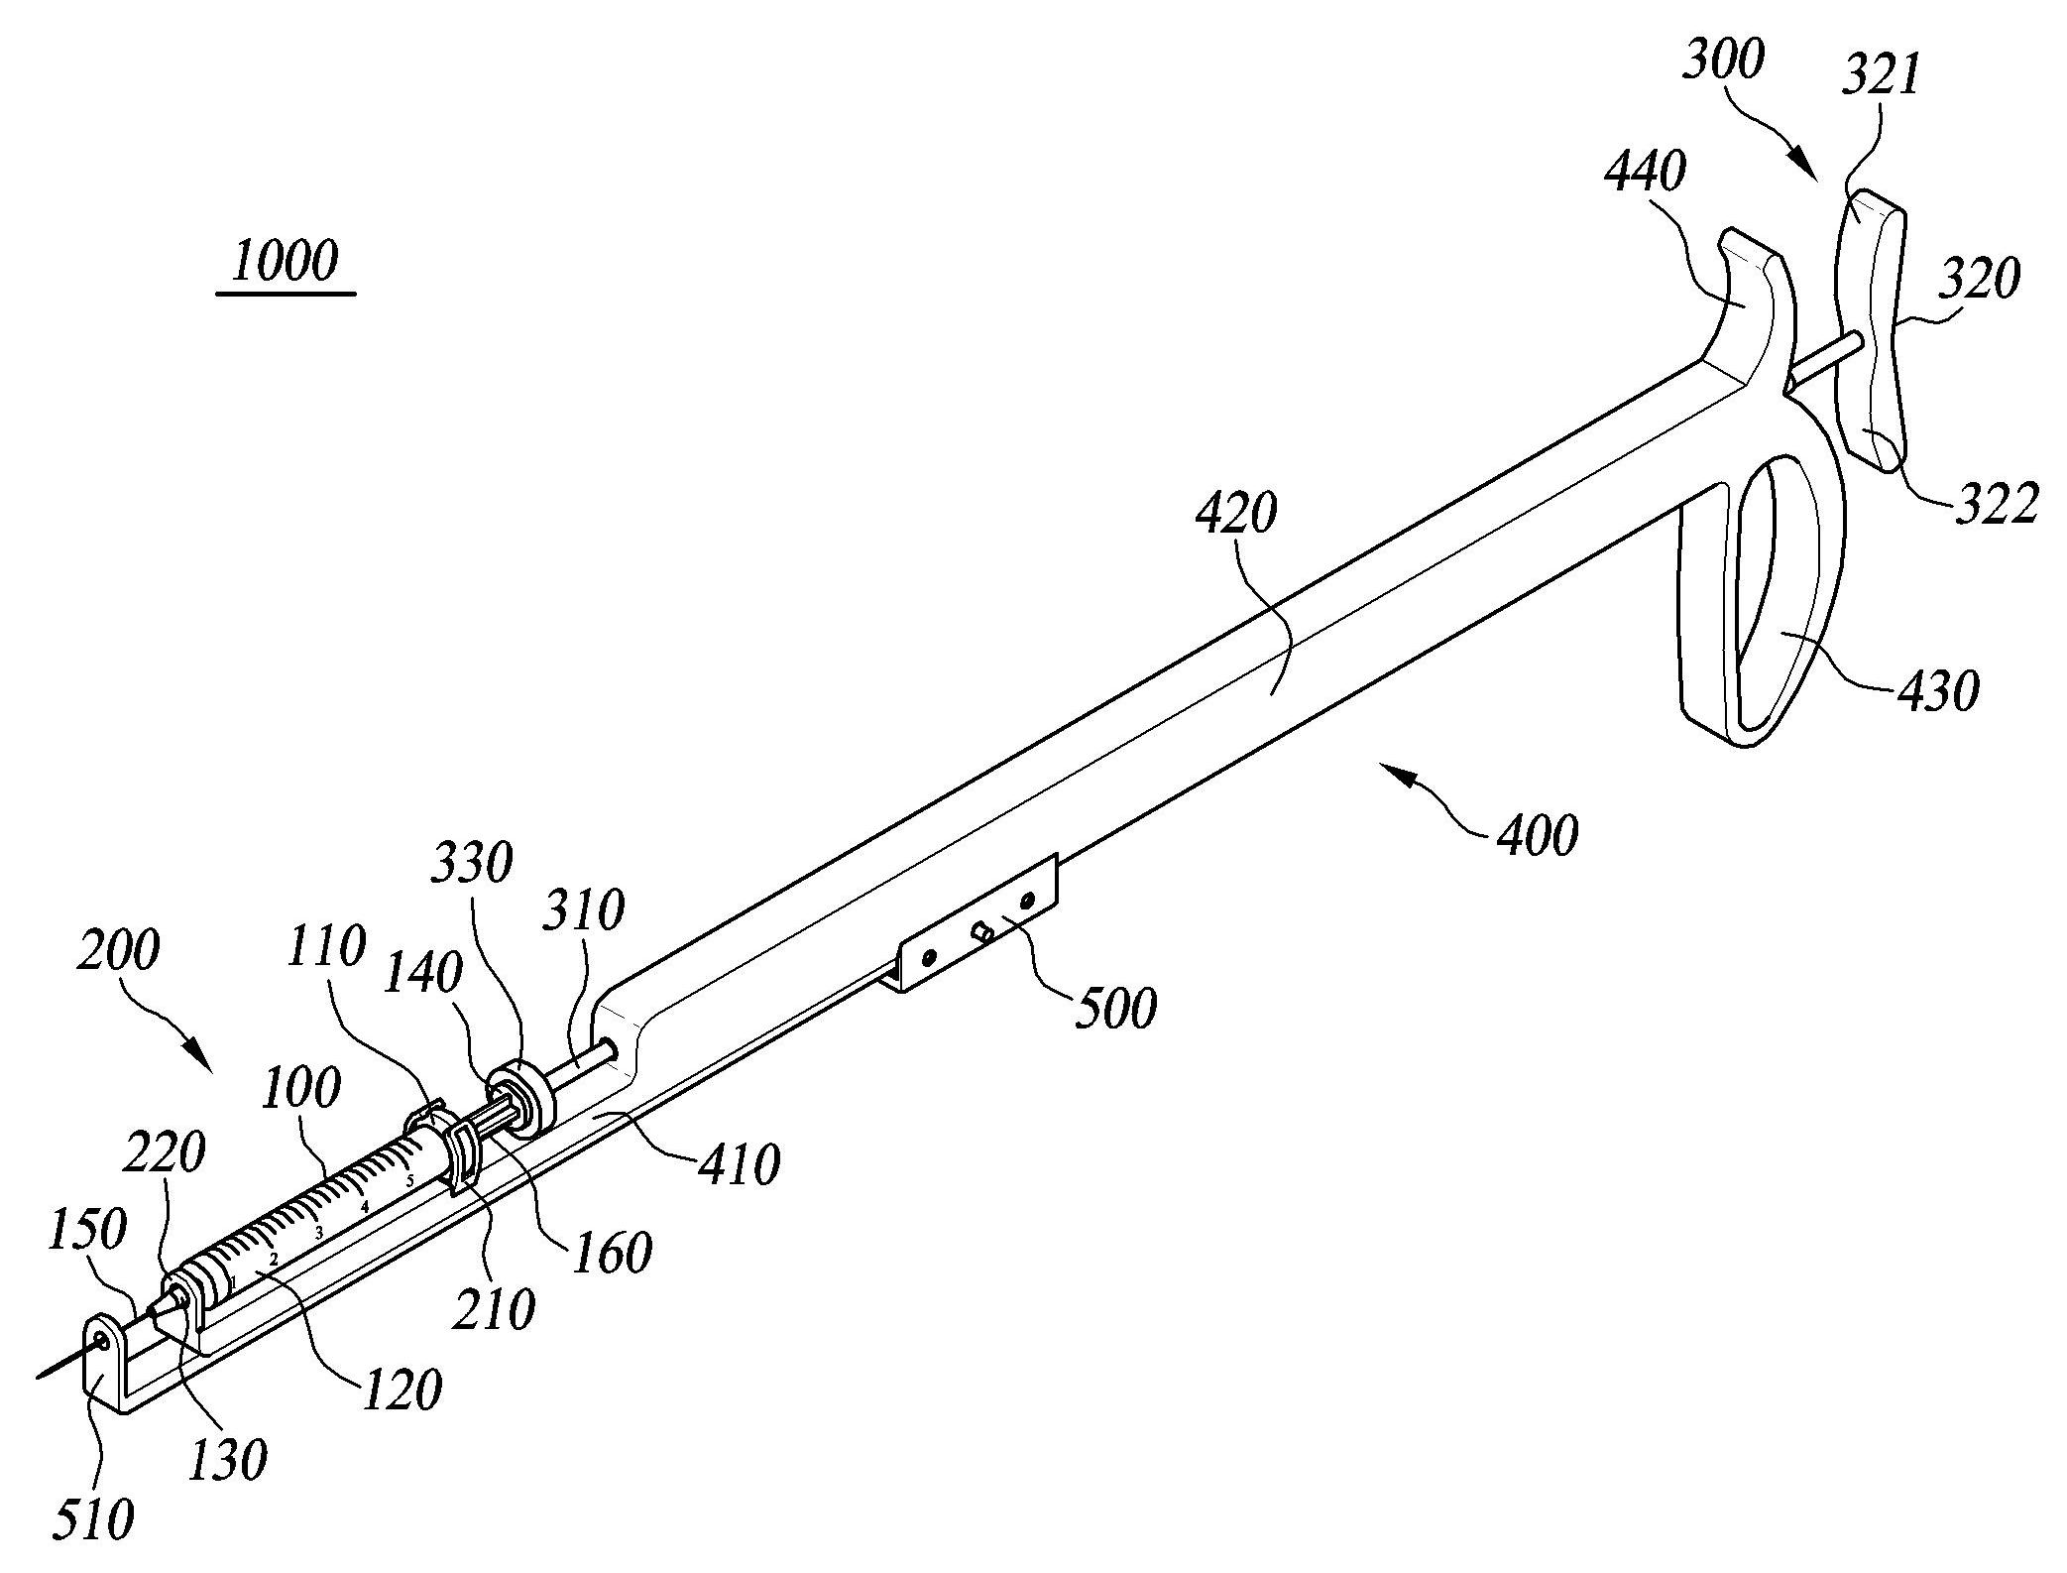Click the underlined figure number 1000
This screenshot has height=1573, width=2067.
coord(286,262)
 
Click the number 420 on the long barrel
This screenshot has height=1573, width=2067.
coord(1236,513)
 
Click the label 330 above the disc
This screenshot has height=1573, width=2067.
coord(471,864)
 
